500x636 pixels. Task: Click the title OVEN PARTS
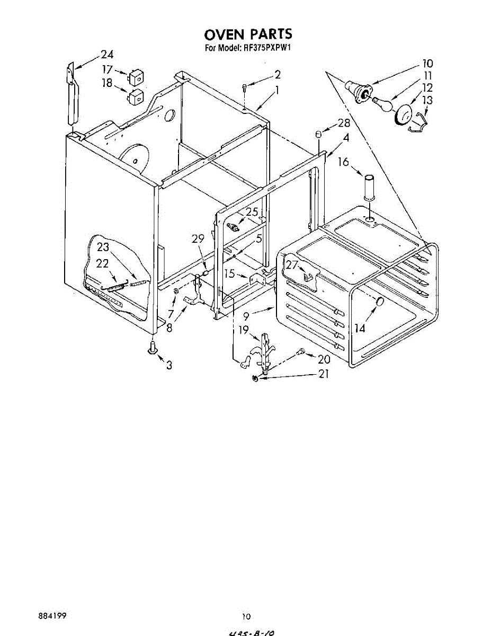pos(248,35)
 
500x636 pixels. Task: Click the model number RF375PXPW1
pos(269,48)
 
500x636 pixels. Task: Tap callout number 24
pos(107,54)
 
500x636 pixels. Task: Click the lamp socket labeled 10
pos(359,91)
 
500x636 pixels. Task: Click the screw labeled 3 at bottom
pos(152,348)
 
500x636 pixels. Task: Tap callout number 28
pos(344,123)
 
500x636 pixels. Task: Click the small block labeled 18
pos(136,97)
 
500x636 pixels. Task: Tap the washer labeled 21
pos(256,378)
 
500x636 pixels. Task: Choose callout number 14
pos(360,328)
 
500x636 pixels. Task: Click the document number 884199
pos(52,616)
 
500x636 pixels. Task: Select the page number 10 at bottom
pos(246,616)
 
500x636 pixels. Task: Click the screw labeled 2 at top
pos(244,87)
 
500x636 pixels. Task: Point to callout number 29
pos(198,240)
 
